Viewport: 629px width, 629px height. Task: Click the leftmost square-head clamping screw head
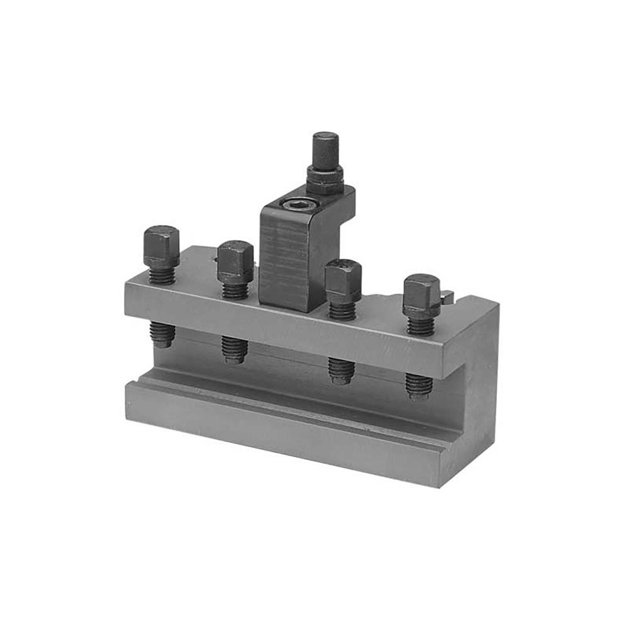[161, 247]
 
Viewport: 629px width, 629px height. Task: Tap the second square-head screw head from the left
[235, 261]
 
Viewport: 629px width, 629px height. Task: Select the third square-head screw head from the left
[343, 281]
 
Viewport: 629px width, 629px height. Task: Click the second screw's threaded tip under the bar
[234, 350]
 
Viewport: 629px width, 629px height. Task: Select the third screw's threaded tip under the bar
[342, 370]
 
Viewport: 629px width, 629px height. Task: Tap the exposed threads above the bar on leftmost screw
[162, 276]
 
